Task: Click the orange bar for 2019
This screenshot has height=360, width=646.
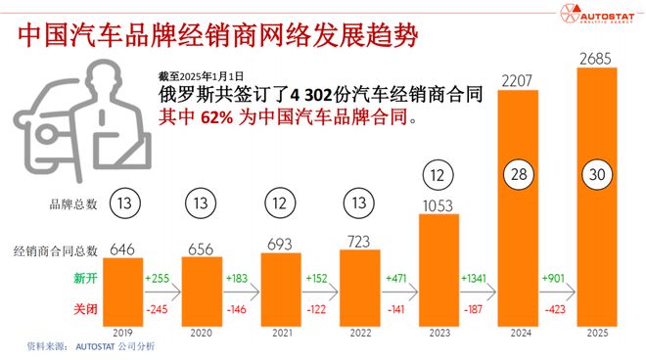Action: [122, 292]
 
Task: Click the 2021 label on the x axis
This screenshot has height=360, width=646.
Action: [280, 333]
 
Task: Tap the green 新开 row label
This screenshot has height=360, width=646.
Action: [85, 278]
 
